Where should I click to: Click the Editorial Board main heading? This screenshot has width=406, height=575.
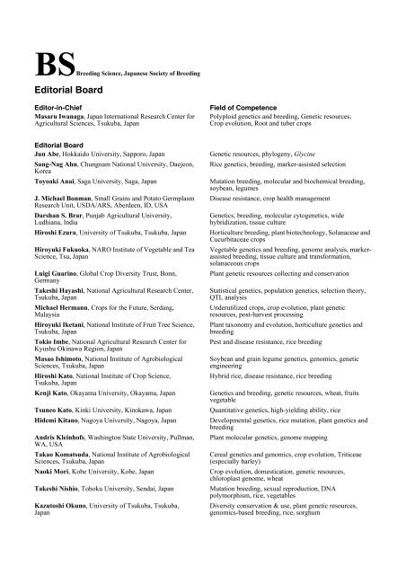click(x=68, y=91)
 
